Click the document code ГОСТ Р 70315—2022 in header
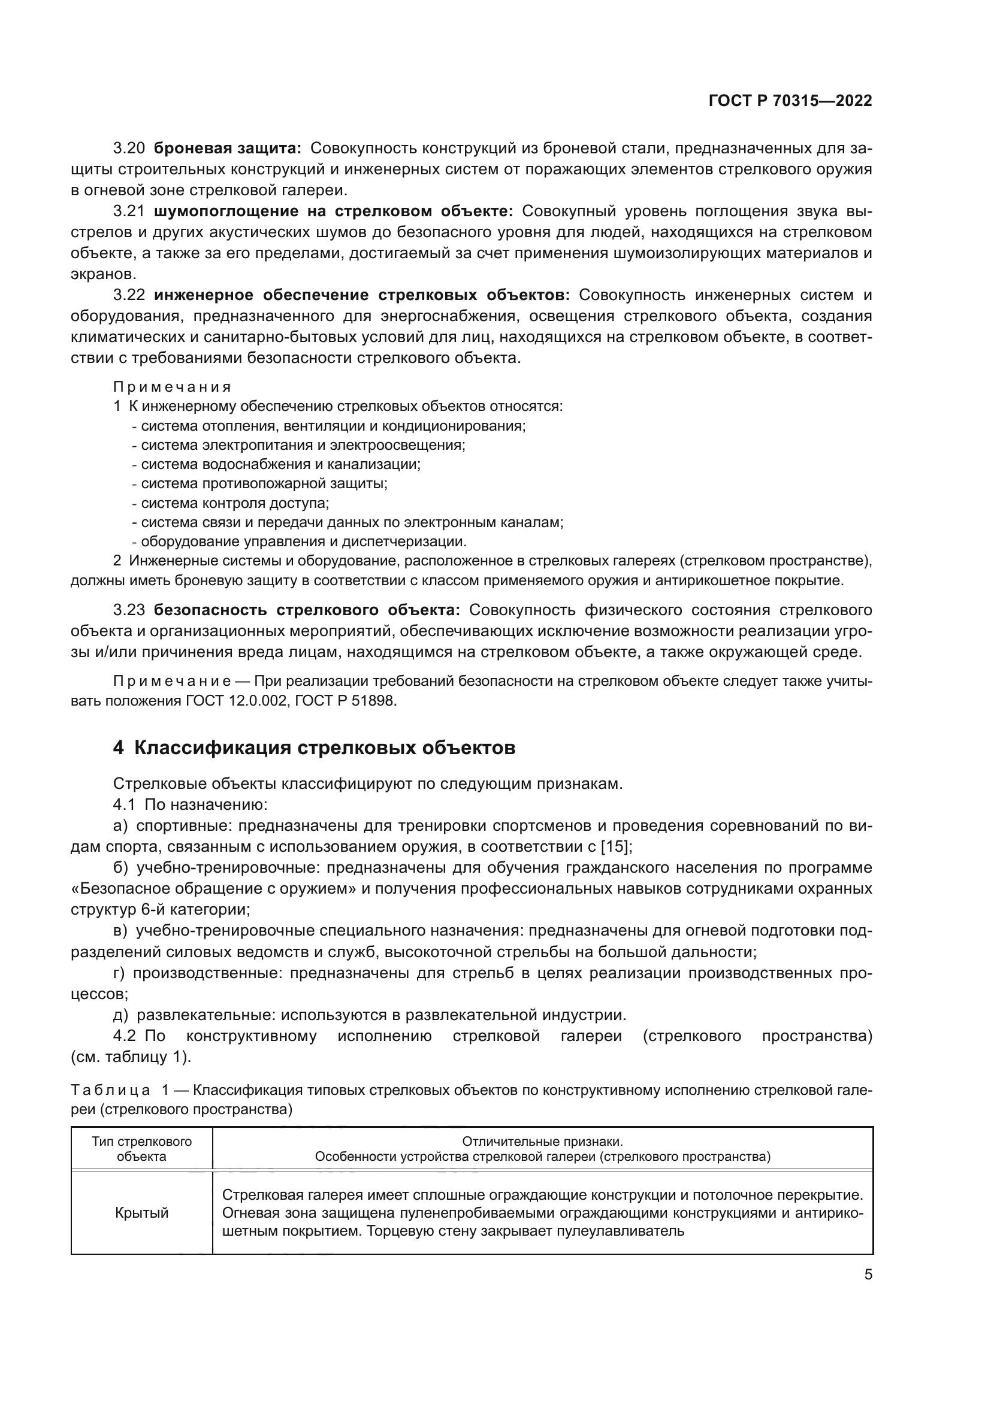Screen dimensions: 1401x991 [x=790, y=101]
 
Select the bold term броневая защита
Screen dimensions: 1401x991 [x=228, y=149]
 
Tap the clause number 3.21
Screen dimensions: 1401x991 [x=129, y=211]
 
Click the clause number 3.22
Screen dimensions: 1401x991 [x=129, y=295]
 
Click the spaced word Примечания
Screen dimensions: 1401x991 [x=172, y=387]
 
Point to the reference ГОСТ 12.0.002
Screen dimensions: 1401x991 [x=236, y=701]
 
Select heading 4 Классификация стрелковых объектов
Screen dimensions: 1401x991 [x=315, y=748]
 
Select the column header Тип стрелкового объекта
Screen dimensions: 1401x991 [x=141, y=1149]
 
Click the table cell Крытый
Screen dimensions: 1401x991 [x=141, y=1213]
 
